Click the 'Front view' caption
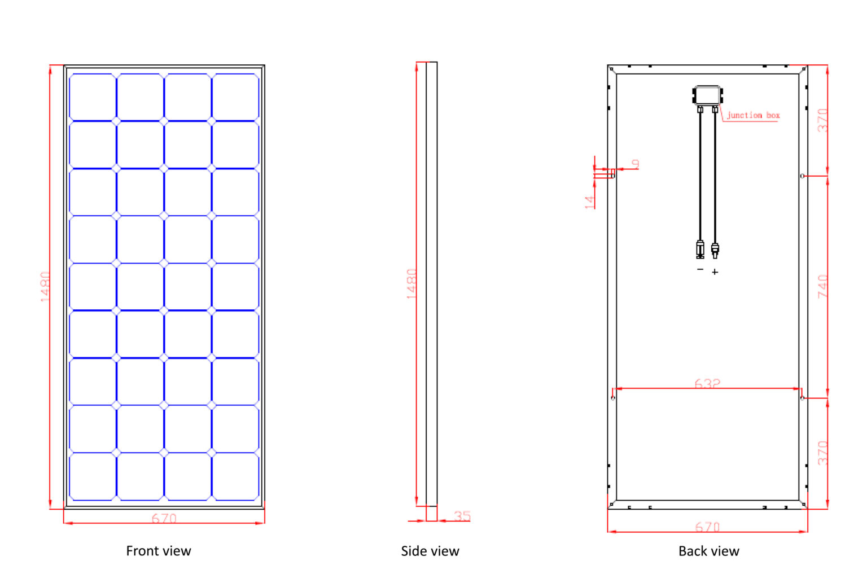pos(158,551)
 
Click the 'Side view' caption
pos(430,551)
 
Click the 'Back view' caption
pos(709,551)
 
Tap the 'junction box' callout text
pos(753,115)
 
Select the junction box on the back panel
pos(707,95)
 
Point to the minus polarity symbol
pos(700,269)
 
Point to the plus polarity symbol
pos(715,272)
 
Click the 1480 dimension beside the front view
pos(45,287)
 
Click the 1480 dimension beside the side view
pos(412,284)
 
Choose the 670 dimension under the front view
pos(164,518)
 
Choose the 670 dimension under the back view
pos(707,527)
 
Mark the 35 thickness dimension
pos(462,516)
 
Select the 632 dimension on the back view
pos(707,383)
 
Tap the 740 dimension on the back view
pos(822,287)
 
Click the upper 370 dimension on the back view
pos(822,120)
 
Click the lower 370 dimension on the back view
pos(822,453)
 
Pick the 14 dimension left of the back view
pos(589,202)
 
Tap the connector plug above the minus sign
pos(700,249)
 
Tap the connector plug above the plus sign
pos(715,250)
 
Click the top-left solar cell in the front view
pos(93,97)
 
